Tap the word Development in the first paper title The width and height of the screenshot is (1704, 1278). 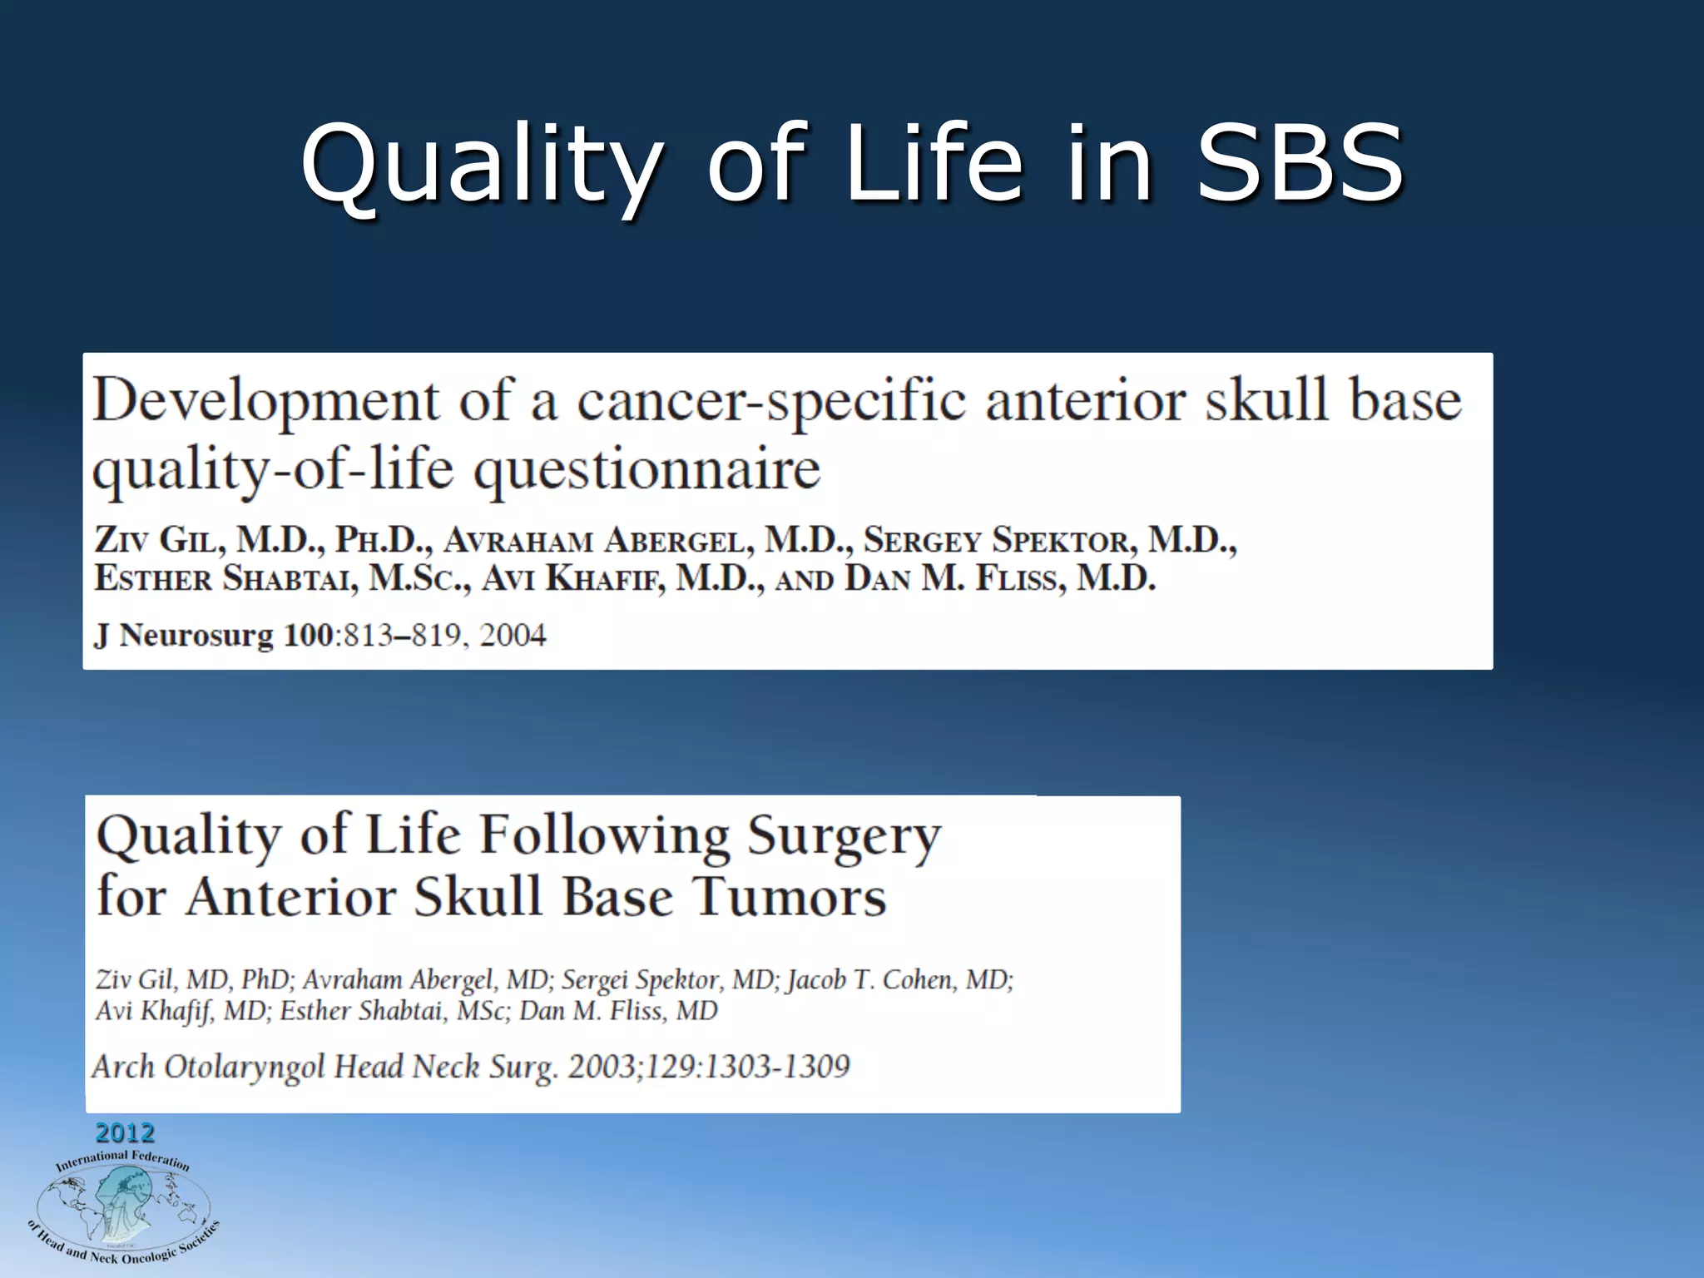pos(265,401)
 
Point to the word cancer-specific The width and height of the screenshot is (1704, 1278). pos(771,401)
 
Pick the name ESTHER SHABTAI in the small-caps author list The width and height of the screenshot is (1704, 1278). pos(226,578)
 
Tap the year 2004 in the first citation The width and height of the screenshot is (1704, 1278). pos(513,636)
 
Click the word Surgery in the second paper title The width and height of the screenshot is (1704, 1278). pos(844,836)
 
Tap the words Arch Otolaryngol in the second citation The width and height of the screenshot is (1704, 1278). pos(208,1067)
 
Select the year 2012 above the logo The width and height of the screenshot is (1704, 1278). pos(125,1133)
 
